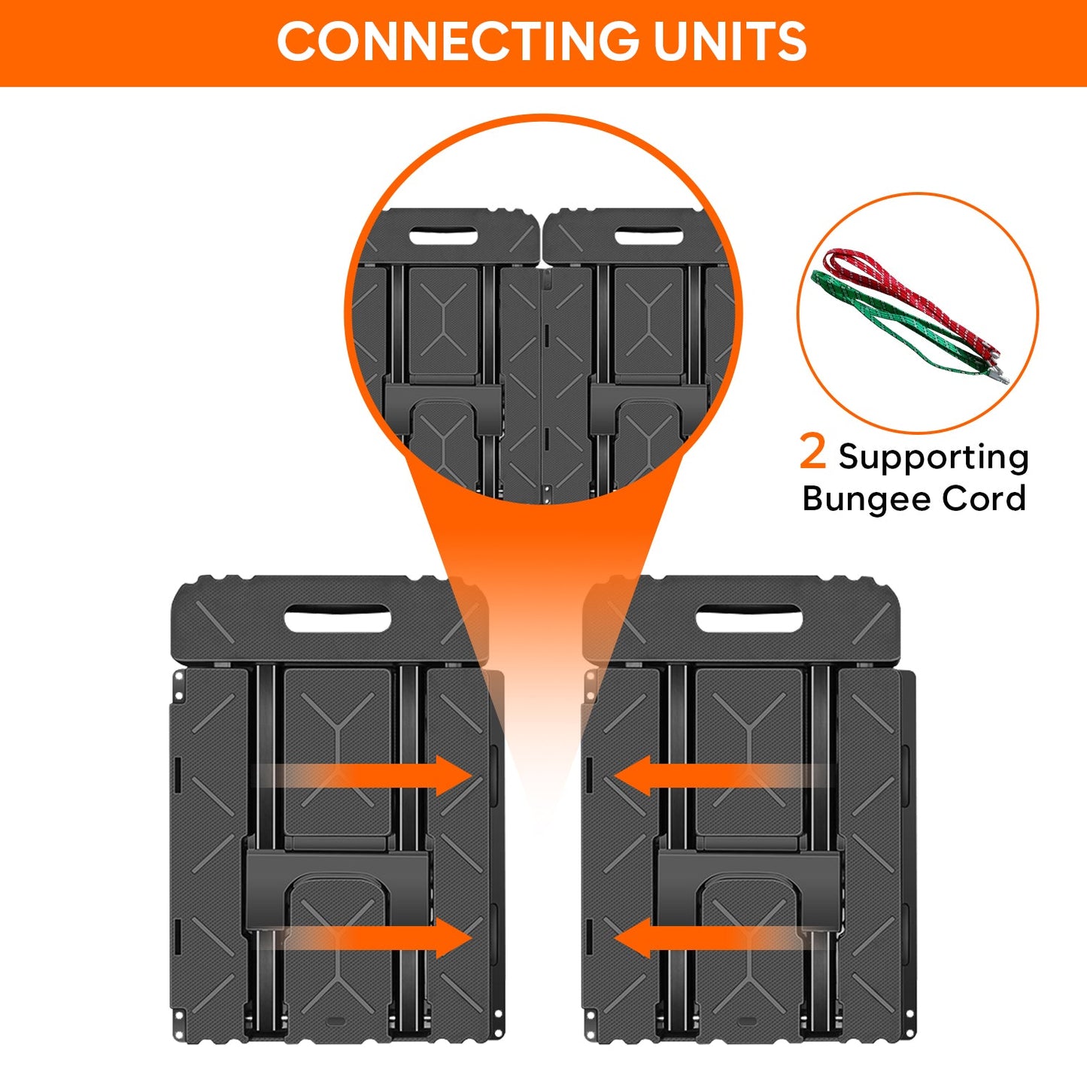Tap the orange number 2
[812, 452]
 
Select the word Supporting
[934, 457]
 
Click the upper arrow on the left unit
[369, 776]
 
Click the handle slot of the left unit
[337, 618]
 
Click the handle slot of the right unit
[748, 619]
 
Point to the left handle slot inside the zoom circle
[444, 237]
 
